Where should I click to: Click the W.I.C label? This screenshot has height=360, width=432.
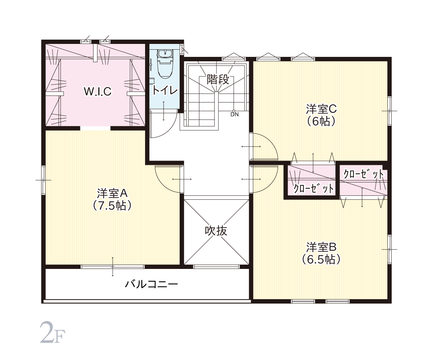98,91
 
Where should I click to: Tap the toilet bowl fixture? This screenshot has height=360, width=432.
165,64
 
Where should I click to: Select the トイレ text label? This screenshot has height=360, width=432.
165,90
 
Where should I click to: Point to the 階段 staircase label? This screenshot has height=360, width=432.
218,79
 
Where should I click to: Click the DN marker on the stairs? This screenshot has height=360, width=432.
235,114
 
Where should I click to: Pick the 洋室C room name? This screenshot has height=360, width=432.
321,109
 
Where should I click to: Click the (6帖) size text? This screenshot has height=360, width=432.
321,122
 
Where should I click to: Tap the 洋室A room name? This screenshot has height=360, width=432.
112,193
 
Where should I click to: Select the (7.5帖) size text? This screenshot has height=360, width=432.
112,206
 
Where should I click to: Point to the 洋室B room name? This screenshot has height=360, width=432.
321,247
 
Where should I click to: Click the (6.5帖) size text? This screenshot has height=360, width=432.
321,260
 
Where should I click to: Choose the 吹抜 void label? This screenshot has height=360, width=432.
216,231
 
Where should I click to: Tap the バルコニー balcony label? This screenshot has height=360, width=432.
151,284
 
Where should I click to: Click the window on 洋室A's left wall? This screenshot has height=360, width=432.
43,180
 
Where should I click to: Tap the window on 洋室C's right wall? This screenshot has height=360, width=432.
390,111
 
